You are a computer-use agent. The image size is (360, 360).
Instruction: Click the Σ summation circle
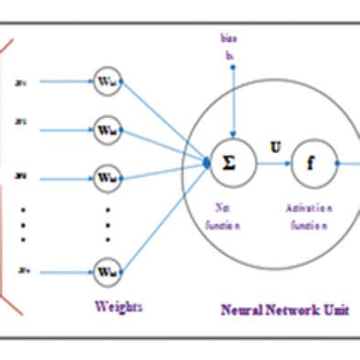(x=228, y=164)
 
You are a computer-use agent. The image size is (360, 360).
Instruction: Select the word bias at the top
(x=228, y=39)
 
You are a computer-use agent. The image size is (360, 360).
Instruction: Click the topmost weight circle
(x=107, y=79)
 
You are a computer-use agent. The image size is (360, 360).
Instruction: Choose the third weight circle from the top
(x=107, y=174)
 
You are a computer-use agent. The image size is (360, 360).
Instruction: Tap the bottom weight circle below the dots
(x=107, y=271)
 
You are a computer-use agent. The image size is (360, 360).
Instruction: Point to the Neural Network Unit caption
(x=284, y=310)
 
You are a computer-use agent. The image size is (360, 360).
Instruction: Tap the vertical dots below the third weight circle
(x=108, y=224)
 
